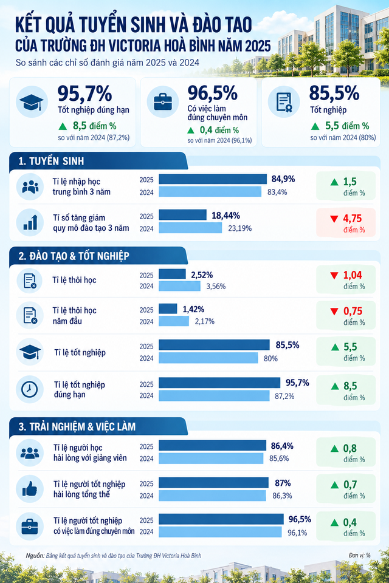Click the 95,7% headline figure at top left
tap(84, 94)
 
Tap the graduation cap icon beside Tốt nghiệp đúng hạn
tap(31, 102)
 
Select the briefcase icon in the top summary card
tap(163, 101)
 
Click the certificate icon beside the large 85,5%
tap(284, 102)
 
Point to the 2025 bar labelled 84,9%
tap(213, 179)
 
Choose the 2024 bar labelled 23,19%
tap(190, 228)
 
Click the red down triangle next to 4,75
tap(334, 219)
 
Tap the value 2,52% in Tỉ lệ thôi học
tap(202, 275)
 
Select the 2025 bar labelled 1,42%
tap(168, 309)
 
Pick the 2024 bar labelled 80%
tap(208, 358)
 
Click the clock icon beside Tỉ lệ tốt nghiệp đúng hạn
tap(29, 389)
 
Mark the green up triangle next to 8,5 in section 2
tap(335, 386)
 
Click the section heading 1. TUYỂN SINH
tap(52, 161)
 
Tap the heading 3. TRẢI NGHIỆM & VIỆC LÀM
tap(77, 426)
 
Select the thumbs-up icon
tap(30, 488)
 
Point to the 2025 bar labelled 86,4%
tap(212, 445)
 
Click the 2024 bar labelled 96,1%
tap(220, 532)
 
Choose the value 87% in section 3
tap(283, 483)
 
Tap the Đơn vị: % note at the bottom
tap(360, 555)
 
